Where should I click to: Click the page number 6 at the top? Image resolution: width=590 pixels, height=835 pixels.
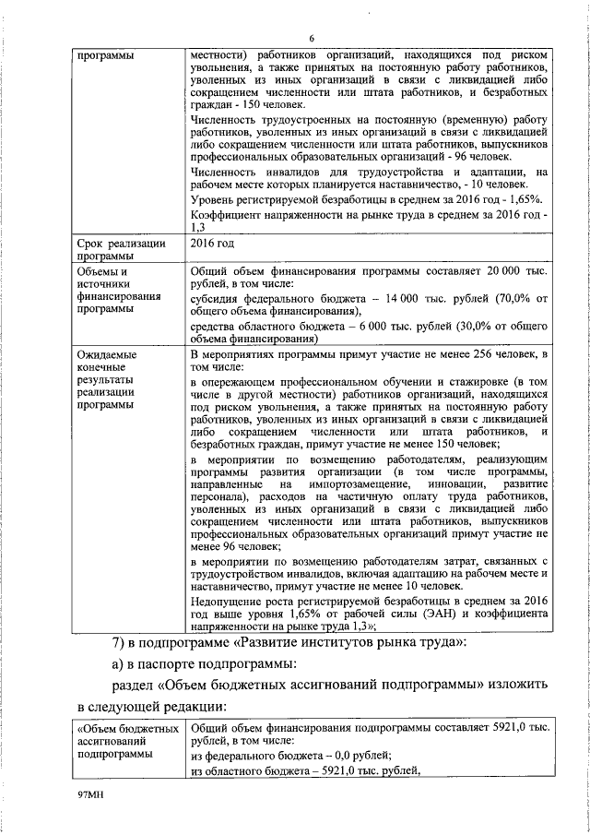tap(312, 38)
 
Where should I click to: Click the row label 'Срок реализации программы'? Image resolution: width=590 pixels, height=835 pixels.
tap(121, 250)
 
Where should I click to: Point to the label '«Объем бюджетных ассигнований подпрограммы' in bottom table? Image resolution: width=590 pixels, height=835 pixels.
tap(129, 741)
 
